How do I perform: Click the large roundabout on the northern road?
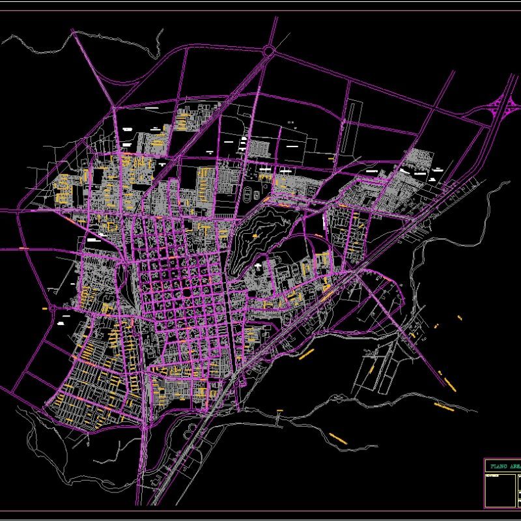(269, 50)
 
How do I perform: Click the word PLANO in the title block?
(496, 466)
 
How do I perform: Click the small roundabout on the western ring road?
(53, 306)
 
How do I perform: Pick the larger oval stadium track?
(248, 194)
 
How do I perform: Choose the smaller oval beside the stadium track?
(257, 194)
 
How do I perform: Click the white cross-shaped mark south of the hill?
(259, 267)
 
